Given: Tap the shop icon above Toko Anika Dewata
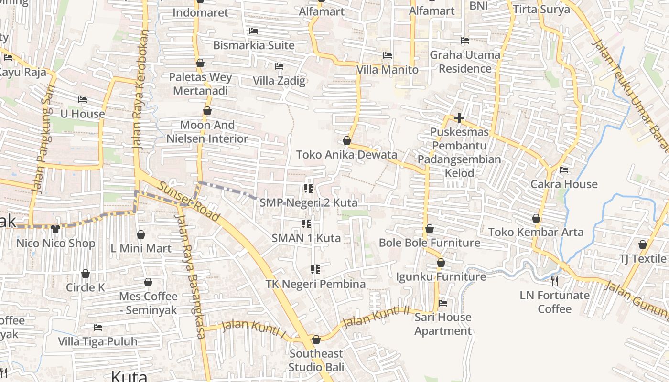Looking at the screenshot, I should pyautogui.click(x=347, y=140).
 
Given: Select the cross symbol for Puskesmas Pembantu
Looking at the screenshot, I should pyautogui.click(x=459, y=117).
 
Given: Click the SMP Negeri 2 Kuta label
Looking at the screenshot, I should pyautogui.click(x=308, y=202).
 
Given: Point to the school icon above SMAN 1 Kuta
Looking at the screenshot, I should pyautogui.click(x=306, y=223).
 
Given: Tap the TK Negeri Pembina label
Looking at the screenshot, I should pyautogui.click(x=315, y=284).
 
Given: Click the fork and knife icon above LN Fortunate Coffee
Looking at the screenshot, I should pyautogui.click(x=554, y=280).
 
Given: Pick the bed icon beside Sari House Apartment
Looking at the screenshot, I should pyautogui.click(x=443, y=303).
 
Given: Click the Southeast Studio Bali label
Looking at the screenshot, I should pyautogui.click(x=316, y=361).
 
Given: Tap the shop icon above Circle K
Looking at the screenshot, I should pyautogui.click(x=86, y=274).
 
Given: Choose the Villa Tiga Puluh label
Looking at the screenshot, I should pyautogui.click(x=97, y=341).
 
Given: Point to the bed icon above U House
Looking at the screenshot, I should pyautogui.click(x=83, y=100).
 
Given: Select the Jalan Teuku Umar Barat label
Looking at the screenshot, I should pyautogui.click(x=629, y=90).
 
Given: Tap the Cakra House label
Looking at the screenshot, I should pyautogui.click(x=564, y=184).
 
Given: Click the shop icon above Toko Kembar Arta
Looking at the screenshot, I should pyautogui.click(x=536, y=218).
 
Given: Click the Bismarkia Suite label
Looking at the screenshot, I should pyautogui.click(x=254, y=45).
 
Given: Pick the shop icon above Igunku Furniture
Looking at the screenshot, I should pyautogui.click(x=441, y=263).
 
